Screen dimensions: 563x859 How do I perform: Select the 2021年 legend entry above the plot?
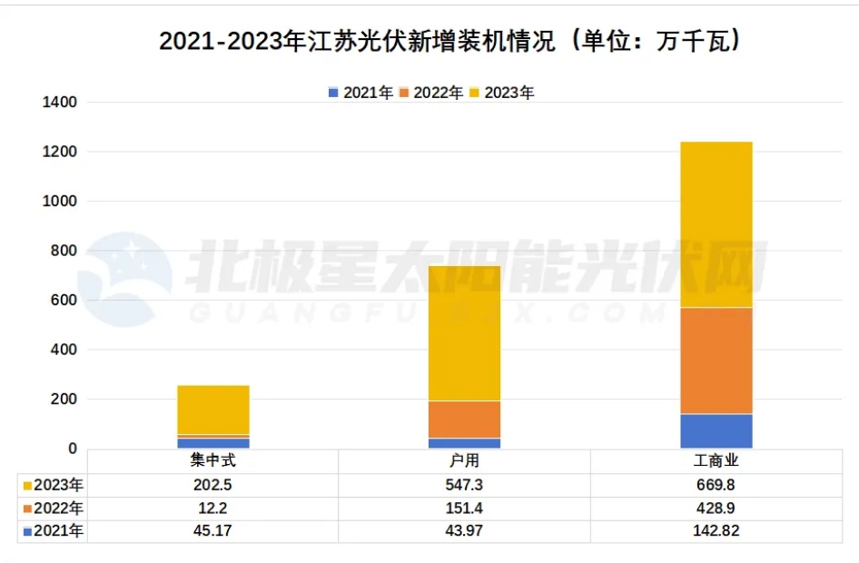pyautogui.click(x=360, y=93)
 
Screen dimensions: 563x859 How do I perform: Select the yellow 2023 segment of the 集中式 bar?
pyautogui.click(x=213, y=410)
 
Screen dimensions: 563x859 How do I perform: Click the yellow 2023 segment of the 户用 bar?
pyautogui.click(x=464, y=332)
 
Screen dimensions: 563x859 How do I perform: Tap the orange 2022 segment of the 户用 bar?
pyautogui.click(x=464, y=419)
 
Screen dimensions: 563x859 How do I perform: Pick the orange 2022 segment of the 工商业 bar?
pyautogui.click(x=716, y=361)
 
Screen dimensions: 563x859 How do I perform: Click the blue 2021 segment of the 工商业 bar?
pyautogui.click(x=716, y=430)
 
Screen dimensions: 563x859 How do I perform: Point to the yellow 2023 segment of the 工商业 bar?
pyautogui.click(x=716, y=224)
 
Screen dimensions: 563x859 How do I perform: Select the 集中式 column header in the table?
pyautogui.click(x=213, y=461)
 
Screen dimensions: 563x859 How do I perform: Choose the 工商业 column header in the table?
pyautogui.click(x=716, y=461)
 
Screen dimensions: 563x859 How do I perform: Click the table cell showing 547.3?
pyautogui.click(x=464, y=485)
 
